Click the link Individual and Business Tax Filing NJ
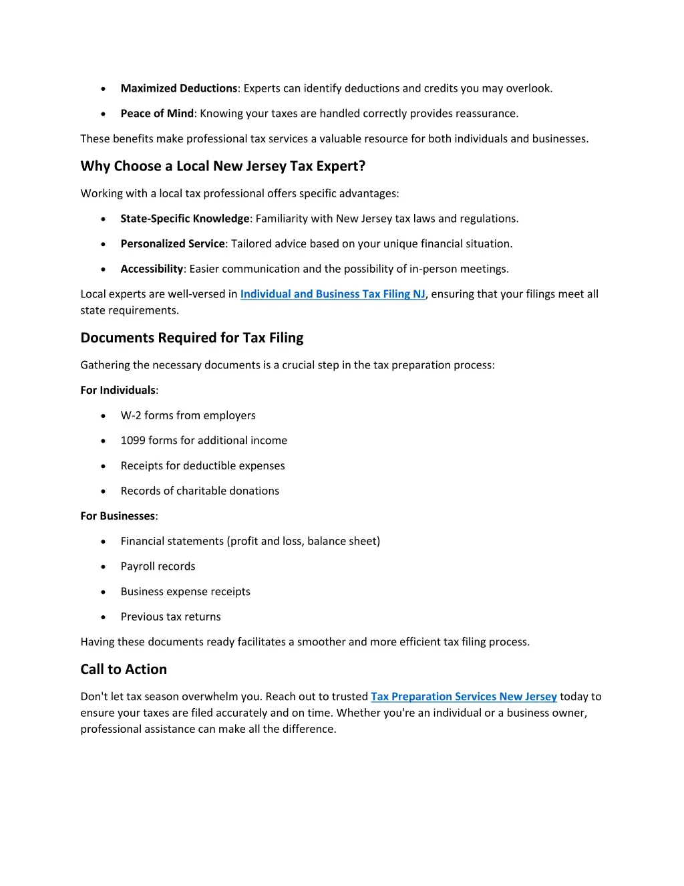tap(333, 294)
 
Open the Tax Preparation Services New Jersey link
tap(464, 697)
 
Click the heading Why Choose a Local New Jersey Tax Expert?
tap(222, 167)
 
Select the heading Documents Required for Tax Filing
tap(192, 338)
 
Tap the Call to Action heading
tap(124, 669)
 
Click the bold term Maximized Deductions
tap(178, 88)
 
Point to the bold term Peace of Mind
tap(157, 114)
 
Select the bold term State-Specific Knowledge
tap(185, 219)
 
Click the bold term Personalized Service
tap(172, 244)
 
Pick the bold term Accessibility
tap(152, 269)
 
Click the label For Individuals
tap(118, 391)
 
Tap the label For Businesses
tap(118, 516)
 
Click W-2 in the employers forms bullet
tap(131, 416)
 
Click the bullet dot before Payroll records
tap(103, 567)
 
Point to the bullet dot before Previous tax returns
tap(103, 617)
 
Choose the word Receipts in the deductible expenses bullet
tap(142, 466)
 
